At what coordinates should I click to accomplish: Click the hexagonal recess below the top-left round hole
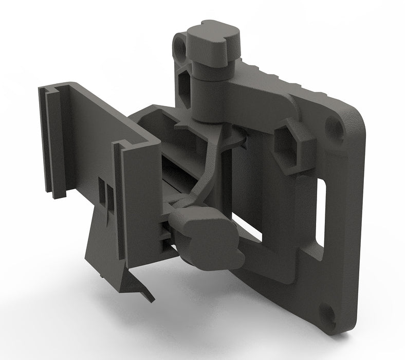184,85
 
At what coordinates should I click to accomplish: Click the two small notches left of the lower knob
165,234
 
